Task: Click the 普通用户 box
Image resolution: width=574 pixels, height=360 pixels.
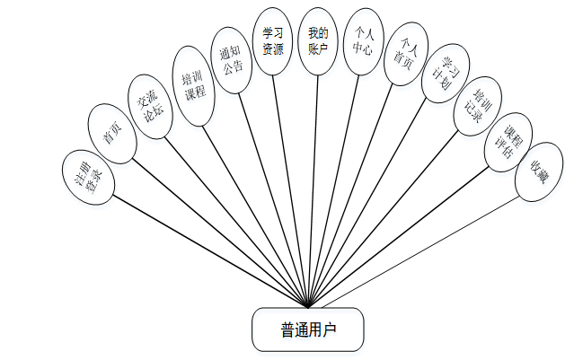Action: pyautogui.click(x=308, y=330)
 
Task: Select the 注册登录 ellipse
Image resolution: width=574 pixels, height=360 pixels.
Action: pyautogui.click(x=90, y=177)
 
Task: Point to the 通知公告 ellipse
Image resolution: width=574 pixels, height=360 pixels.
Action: pyautogui.click(x=233, y=58)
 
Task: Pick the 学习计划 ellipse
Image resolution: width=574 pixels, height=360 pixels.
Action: pyautogui.click(x=443, y=77)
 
